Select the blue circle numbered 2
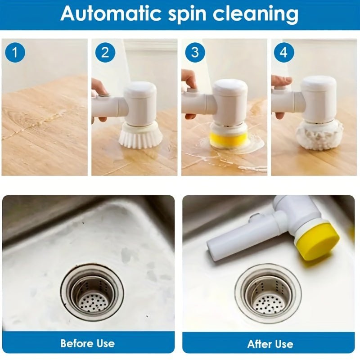[105, 53]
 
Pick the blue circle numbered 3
[195, 53]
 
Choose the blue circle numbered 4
[283, 53]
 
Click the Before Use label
[88, 343]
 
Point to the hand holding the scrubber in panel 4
[280, 83]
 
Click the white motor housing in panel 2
[140, 103]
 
